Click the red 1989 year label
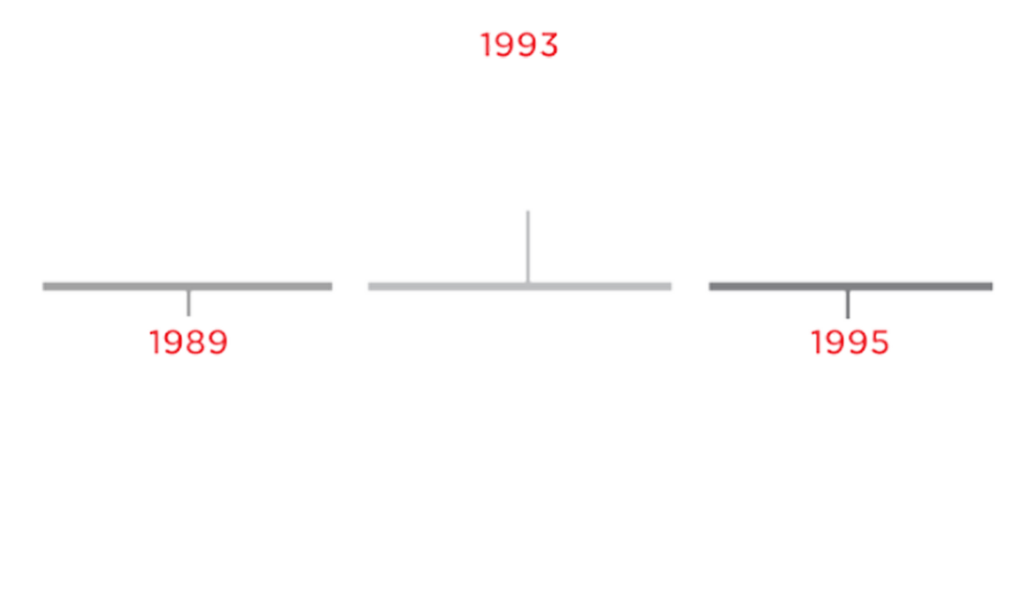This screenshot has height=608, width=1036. [x=189, y=342]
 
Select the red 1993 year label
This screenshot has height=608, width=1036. [x=520, y=46]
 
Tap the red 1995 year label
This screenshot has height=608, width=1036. [x=850, y=342]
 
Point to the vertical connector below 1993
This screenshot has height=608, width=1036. [x=527, y=244]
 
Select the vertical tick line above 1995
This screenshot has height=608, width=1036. [x=848, y=304]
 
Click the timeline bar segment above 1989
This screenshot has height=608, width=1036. [x=187, y=287]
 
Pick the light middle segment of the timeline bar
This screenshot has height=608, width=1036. [x=519, y=287]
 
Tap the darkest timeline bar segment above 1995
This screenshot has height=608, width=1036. [x=850, y=287]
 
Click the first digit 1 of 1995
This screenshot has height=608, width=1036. [x=817, y=342]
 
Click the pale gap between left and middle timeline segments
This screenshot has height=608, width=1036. [x=350, y=287]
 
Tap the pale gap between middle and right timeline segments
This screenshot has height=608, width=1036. [x=689, y=287]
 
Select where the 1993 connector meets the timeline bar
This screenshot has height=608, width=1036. [x=527, y=285]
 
